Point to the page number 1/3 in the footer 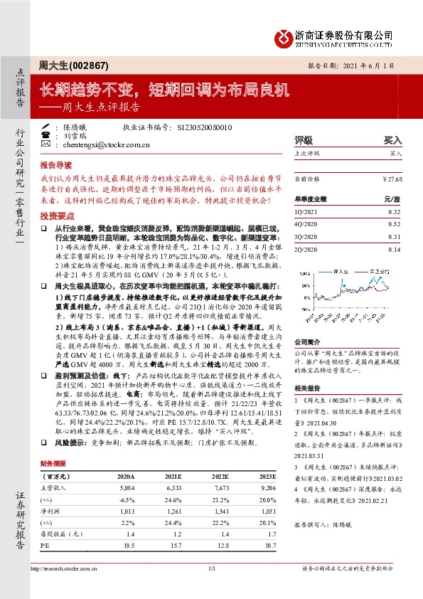click(211, 588)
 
